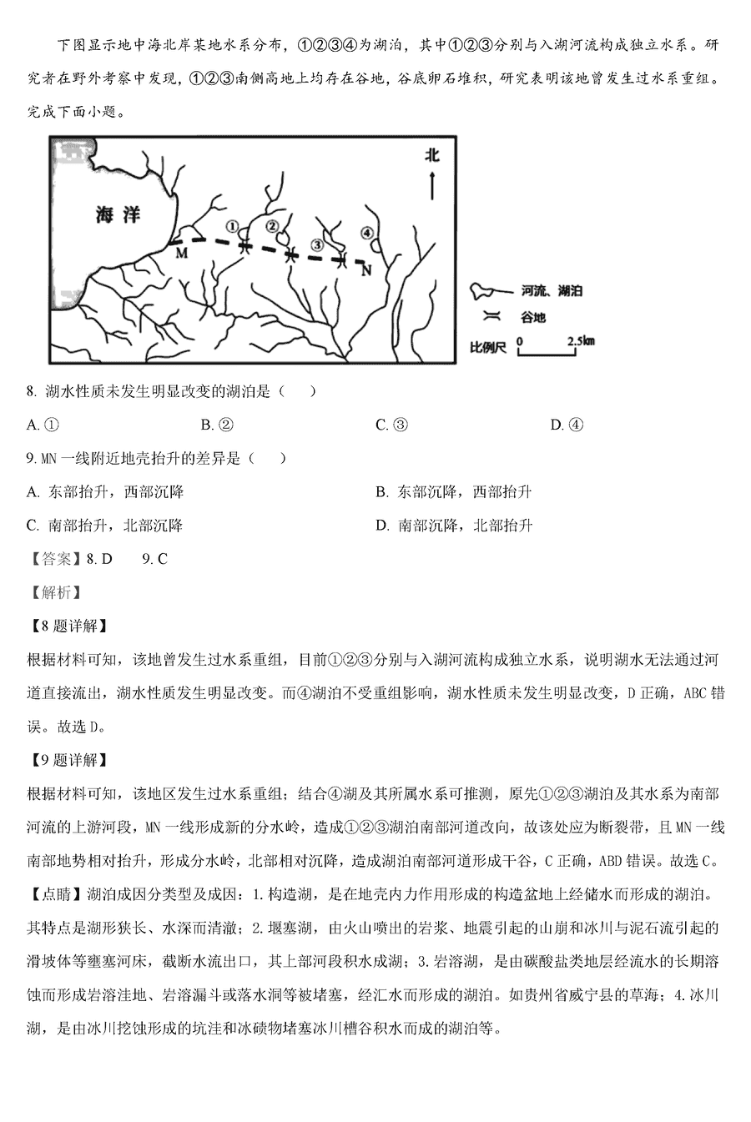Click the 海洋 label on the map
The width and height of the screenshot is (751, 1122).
pyautogui.click(x=117, y=214)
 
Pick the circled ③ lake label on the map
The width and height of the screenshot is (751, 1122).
pyautogui.click(x=316, y=244)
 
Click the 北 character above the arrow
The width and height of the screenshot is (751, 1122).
pyautogui.click(x=431, y=155)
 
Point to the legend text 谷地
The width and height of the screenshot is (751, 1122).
pyautogui.click(x=533, y=318)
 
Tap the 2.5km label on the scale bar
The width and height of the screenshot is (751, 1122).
pyautogui.click(x=581, y=340)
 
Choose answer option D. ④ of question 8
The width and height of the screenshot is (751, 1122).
pyautogui.click(x=567, y=425)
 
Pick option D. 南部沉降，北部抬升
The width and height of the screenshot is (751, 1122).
pyautogui.click(x=454, y=526)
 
